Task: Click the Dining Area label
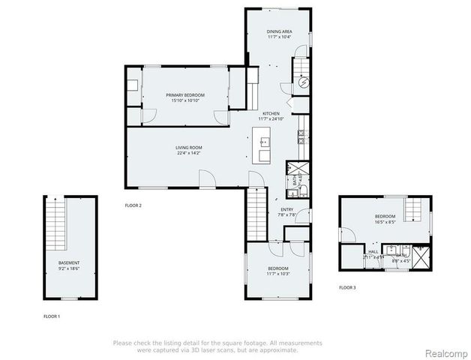[x=278, y=31]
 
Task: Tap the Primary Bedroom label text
[x=186, y=95]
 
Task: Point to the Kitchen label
[x=271, y=114]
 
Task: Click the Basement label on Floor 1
[x=69, y=262]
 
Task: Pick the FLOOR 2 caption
[x=133, y=205]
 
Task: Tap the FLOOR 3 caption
[x=346, y=287]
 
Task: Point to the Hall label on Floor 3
[x=372, y=251]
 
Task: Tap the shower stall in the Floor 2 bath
[x=293, y=169]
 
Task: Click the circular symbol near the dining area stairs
[x=304, y=85]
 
